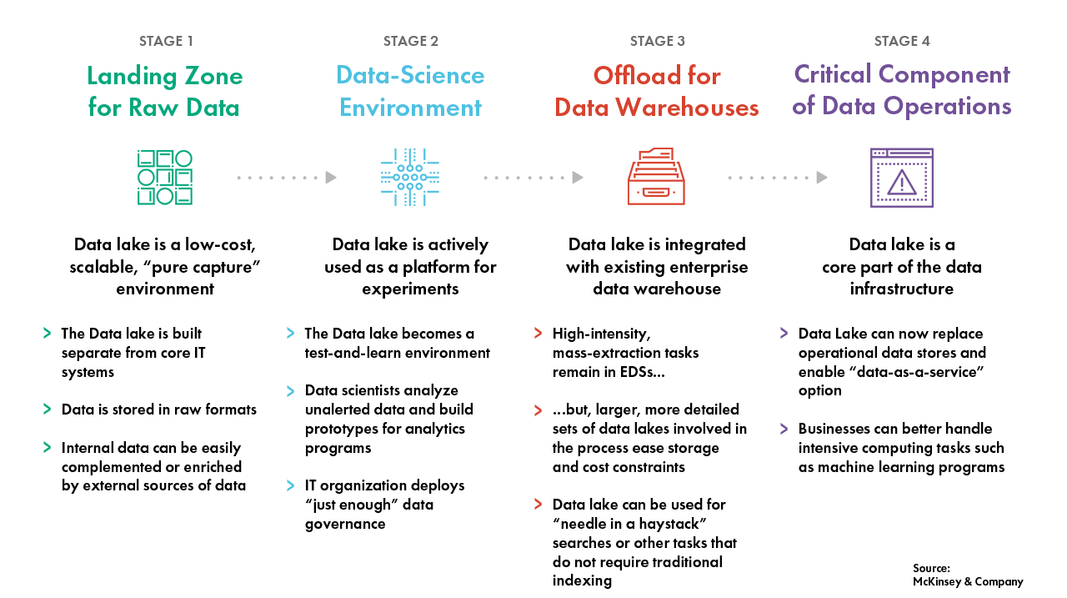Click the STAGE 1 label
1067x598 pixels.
pyautogui.click(x=165, y=41)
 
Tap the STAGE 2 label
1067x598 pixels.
pyautogui.click(x=410, y=41)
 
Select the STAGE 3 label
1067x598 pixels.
pyautogui.click(x=657, y=41)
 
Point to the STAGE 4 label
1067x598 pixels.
pyautogui.click(x=902, y=41)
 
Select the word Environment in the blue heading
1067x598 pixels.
pyautogui.click(x=410, y=108)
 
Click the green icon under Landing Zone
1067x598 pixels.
pyautogui.click(x=165, y=177)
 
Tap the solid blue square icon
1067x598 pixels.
pyautogui.click(x=410, y=177)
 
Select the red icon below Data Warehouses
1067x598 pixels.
pyautogui.click(x=656, y=177)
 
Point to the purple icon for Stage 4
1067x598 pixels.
pyautogui.click(x=902, y=177)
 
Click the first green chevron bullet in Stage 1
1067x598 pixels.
pyautogui.click(x=48, y=334)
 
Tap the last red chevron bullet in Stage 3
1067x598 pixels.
pyautogui.click(x=538, y=504)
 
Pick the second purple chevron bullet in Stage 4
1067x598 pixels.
pyautogui.click(x=784, y=429)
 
